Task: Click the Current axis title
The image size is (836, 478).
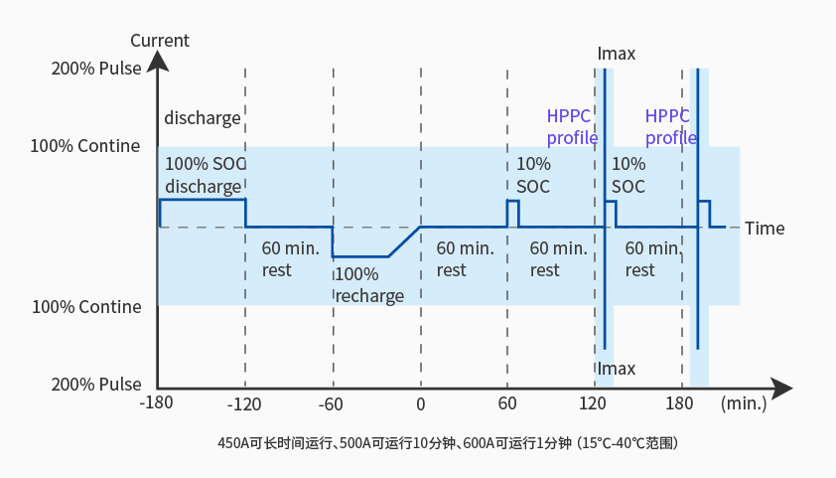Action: (159, 41)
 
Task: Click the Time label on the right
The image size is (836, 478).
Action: (765, 229)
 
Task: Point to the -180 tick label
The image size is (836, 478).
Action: (158, 404)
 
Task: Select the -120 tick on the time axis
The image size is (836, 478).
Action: (244, 404)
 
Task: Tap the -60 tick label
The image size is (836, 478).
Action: (332, 404)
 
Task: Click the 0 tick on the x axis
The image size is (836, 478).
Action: (421, 404)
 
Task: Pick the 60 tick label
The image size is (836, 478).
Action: (507, 404)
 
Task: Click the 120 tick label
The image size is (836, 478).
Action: (594, 404)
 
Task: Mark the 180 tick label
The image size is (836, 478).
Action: (680, 404)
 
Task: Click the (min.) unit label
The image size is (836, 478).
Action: (744, 404)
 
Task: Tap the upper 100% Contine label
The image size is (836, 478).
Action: (85, 146)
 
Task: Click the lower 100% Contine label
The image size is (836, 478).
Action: (86, 307)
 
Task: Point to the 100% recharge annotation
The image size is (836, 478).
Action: (369, 285)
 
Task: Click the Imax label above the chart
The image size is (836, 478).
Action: (617, 54)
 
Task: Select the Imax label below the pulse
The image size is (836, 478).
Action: (617, 369)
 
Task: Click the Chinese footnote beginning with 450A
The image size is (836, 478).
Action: (447, 442)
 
